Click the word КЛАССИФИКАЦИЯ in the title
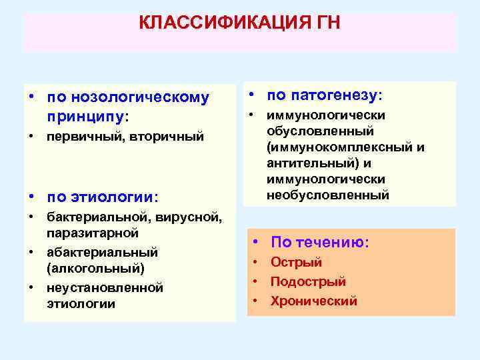(223, 23)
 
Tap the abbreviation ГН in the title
(327, 23)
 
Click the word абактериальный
(102, 253)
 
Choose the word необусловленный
(327, 195)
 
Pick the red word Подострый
(307, 282)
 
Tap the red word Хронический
(313, 301)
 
